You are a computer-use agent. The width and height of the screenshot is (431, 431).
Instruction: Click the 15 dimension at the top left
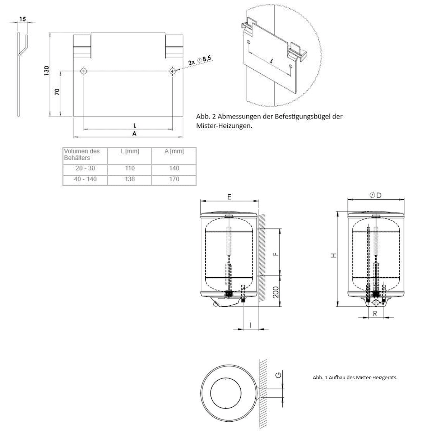coord(23,19)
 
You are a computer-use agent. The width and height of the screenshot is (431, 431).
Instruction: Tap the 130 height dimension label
coord(46,71)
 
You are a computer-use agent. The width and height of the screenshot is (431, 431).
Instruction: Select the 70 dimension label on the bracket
coord(57,92)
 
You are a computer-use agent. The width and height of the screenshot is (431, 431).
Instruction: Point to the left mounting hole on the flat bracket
coord(83,71)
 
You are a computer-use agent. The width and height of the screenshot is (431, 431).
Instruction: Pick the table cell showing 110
coord(130,168)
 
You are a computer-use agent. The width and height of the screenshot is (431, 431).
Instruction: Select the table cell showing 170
coord(174,179)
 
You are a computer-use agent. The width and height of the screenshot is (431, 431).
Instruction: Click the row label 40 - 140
coord(85,179)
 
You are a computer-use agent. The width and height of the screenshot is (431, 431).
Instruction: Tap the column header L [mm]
coord(130,151)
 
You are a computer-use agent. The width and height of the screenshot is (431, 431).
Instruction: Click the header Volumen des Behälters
coord(82,154)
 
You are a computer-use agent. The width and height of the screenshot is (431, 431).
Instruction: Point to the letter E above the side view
coord(229,196)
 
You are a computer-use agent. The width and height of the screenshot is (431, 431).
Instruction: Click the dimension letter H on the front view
coord(334,255)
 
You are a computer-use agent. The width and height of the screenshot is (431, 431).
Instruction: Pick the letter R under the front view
coord(375,313)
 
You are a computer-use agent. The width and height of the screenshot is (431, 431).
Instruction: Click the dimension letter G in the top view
coord(278,376)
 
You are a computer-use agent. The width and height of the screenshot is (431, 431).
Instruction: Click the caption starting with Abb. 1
coord(355,377)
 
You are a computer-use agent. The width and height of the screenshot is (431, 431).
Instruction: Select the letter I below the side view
coord(250,325)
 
